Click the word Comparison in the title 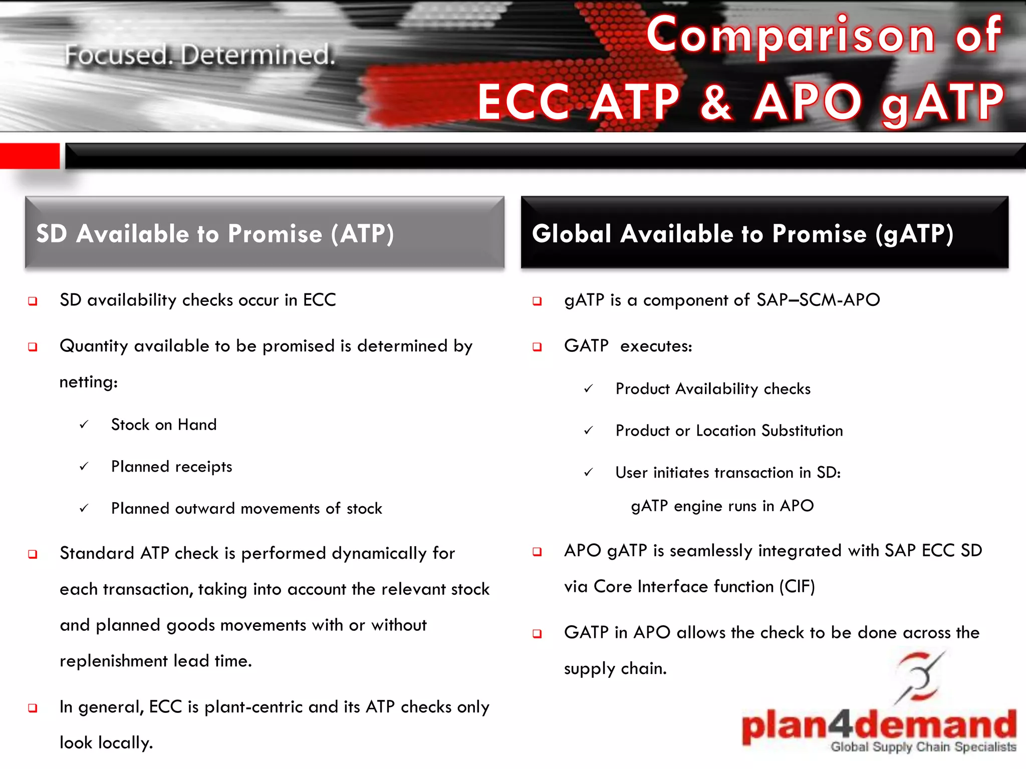791,35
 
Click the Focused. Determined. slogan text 200,55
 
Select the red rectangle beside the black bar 30,156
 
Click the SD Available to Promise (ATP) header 215,234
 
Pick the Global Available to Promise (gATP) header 742,234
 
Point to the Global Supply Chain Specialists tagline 923,747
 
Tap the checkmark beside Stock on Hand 84,425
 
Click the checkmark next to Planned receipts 84,467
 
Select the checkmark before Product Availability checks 589,389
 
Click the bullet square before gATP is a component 537,301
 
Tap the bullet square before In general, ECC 33,708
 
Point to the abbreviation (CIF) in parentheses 797,586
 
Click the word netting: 89,382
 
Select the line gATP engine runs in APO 722,506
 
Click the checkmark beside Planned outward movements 84,509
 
